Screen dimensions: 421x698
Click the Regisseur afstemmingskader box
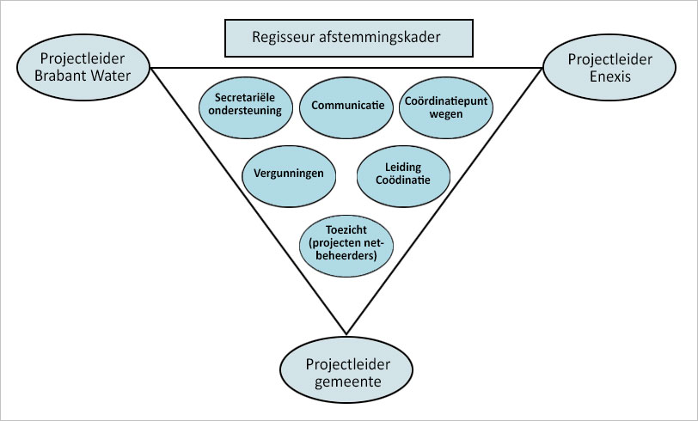click(x=348, y=37)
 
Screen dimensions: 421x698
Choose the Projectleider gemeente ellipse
click(x=348, y=372)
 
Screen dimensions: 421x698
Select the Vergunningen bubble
click(x=289, y=174)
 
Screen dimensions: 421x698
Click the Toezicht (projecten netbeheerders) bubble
click(x=347, y=243)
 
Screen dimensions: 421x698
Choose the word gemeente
click(x=348, y=381)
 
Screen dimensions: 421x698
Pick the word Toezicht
click(x=347, y=230)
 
